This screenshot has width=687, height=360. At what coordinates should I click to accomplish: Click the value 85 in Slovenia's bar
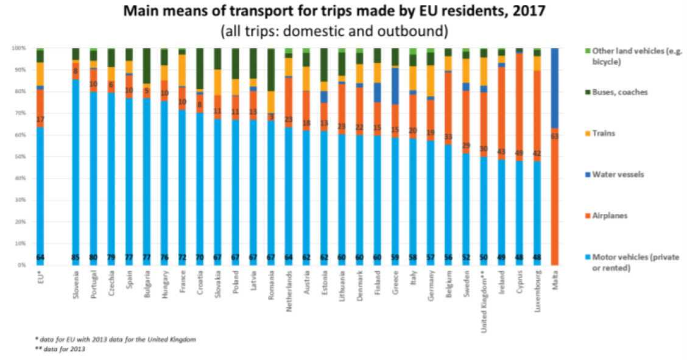click(x=76, y=256)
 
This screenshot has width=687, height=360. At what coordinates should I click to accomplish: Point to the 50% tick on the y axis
click(x=20, y=157)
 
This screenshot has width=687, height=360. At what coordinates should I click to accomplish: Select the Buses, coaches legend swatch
click(x=587, y=92)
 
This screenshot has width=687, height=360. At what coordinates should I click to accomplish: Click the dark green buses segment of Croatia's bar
click(x=200, y=67)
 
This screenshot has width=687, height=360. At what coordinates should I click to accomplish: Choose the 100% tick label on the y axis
click(x=19, y=48)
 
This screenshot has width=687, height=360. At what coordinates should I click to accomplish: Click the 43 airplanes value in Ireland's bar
click(x=502, y=151)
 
